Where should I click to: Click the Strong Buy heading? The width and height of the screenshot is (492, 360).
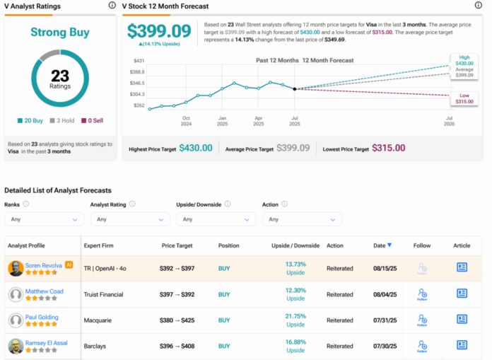pyautogui.click(x=60, y=33)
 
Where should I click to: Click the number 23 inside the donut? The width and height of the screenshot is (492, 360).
pyautogui.click(x=60, y=76)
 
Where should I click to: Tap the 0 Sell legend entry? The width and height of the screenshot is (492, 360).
pyautogui.click(x=91, y=121)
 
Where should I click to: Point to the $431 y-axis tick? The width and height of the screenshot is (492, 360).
pyautogui.click(x=139, y=61)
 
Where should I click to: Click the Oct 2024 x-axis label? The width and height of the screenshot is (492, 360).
pyautogui.click(x=186, y=120)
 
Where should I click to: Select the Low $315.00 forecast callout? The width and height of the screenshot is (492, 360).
pyautogui.click(x=463, y=99)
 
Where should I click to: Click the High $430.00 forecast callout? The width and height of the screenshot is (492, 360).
pyautogui.click(x=463, y=61)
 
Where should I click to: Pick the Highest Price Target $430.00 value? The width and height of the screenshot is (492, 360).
pyautogui.click(x=196, y=148)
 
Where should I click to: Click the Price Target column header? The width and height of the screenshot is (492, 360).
pyautogui.click(x=177, y=245)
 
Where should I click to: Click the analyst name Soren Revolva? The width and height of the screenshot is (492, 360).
pyautogui.click(x=45, y=265)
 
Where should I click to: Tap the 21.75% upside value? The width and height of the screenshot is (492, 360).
pyautogui.click(x=295, y=315)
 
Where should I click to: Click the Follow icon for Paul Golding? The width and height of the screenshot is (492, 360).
pyautogui.click(x=423, y=320)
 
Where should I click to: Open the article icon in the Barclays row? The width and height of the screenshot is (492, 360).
pyautogui.click(x=462, y=347)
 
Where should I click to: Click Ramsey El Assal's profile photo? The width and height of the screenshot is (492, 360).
pyautogui.click(x=15, y=347)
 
